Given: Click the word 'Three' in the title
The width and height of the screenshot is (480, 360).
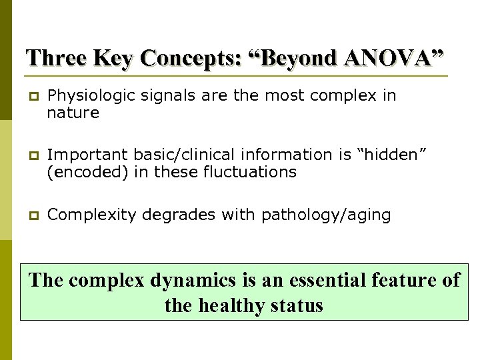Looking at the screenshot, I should click(x=57, y=58).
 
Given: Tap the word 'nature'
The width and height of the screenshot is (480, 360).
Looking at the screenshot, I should click(x=73, y=113).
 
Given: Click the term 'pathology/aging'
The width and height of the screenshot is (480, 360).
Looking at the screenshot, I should click(x=326, y=215).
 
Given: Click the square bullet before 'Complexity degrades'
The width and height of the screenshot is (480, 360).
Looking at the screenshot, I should click(x=32, y=216).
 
